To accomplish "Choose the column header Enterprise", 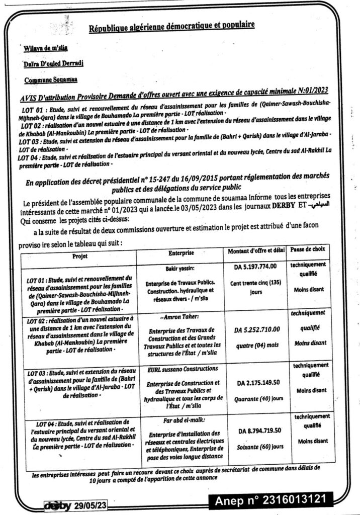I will click(x=178, y=250).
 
